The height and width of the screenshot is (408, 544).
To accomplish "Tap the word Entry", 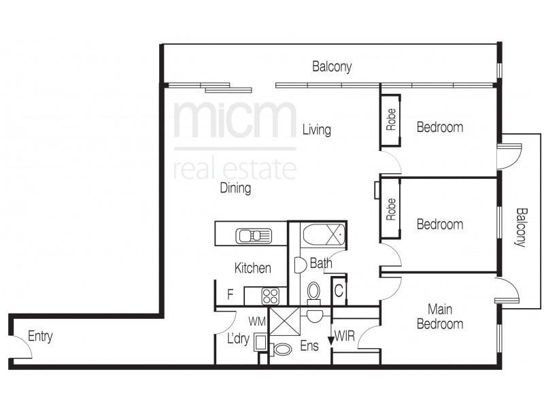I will tap(40, 337).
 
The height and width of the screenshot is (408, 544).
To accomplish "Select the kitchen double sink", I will tap(253, 236).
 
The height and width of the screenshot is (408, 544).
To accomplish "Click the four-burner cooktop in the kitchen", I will tap(271, 296).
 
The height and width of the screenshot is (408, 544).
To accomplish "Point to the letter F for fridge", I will tap(231, 295).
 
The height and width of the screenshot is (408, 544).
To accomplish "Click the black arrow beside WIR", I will tap(332, 338).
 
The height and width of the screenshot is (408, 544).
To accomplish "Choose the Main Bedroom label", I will tap(440, 316).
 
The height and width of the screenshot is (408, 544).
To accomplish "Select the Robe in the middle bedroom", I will tap(391, 209).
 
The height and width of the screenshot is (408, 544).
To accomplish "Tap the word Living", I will tap(317, 129).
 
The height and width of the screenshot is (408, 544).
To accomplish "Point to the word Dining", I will tap(235, 188).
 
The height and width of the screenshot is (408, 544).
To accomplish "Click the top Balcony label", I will tap(332, 67).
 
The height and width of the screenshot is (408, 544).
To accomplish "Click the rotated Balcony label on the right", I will tap(521, 228).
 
